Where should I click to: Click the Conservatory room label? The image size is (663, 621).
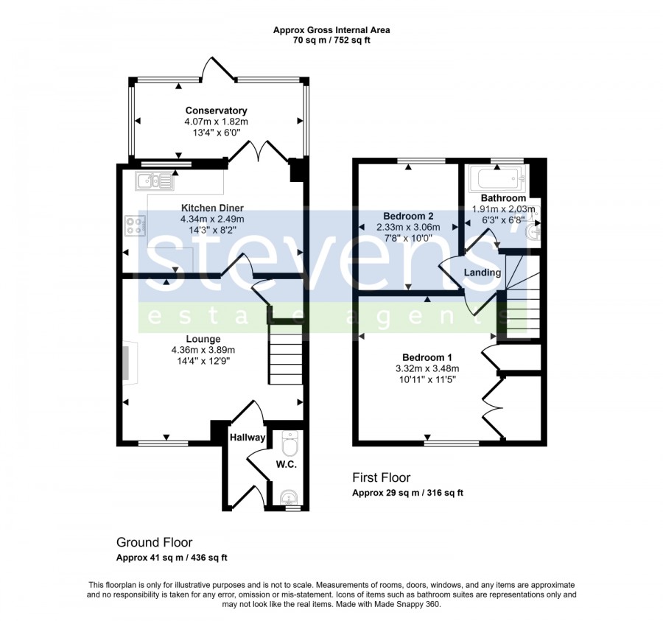(216, 110)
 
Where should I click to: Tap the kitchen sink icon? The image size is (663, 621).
(155, 181)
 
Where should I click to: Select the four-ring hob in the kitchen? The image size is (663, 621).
(136, 225)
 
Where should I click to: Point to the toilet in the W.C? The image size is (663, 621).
(291, 443)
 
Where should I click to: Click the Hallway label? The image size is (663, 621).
(248, 438)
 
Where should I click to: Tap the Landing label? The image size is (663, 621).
(483, 273)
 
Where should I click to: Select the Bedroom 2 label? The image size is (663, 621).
(408, 217)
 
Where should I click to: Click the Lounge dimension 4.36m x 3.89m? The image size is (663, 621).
(203, 350)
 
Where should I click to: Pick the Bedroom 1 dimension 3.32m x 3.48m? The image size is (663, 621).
(427, 368)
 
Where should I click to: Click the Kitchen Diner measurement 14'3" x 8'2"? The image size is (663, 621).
(212, 231)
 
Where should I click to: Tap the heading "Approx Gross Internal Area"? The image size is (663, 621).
(331, 30)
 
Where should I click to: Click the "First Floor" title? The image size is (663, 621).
(382, 477)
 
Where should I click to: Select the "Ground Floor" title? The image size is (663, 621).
(155, 542)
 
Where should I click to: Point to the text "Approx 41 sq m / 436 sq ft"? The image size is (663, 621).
(172, 558)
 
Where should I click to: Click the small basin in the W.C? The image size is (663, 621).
(290, 497)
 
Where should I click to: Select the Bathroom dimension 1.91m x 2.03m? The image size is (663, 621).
(504, 208)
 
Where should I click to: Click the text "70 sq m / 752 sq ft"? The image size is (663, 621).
(331, 41)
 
